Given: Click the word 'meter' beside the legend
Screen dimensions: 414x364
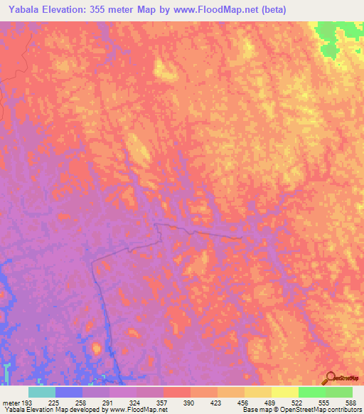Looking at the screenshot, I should click(x=10, y=402).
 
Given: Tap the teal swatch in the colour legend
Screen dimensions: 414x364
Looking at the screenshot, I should click(x=42, y=392).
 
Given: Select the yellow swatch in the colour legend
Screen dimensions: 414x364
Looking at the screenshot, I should click(x=285, y=392).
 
